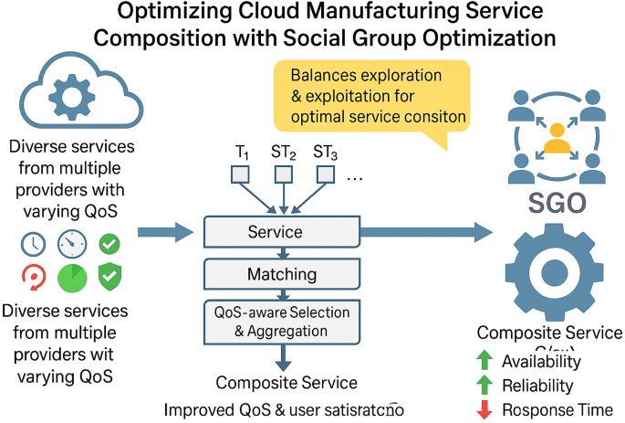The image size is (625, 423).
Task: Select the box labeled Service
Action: (273, 232)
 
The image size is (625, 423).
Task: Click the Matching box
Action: (282, 273)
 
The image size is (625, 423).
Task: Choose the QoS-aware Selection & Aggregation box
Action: (283, 322)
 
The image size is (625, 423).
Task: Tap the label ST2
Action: (283, 153)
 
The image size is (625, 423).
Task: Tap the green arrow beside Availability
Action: (485, 362)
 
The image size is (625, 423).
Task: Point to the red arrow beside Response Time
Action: (485, 410)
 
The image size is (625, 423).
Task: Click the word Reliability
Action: (538, 386)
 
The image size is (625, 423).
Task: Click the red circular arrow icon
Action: (30, 277)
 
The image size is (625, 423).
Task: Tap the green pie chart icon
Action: (71, 277)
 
